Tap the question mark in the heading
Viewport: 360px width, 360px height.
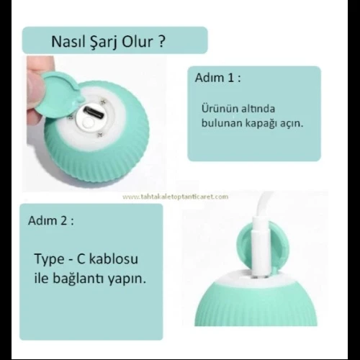(163, 42)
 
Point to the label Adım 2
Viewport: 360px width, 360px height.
(51, 220)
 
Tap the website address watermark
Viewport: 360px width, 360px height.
(175, 197)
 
